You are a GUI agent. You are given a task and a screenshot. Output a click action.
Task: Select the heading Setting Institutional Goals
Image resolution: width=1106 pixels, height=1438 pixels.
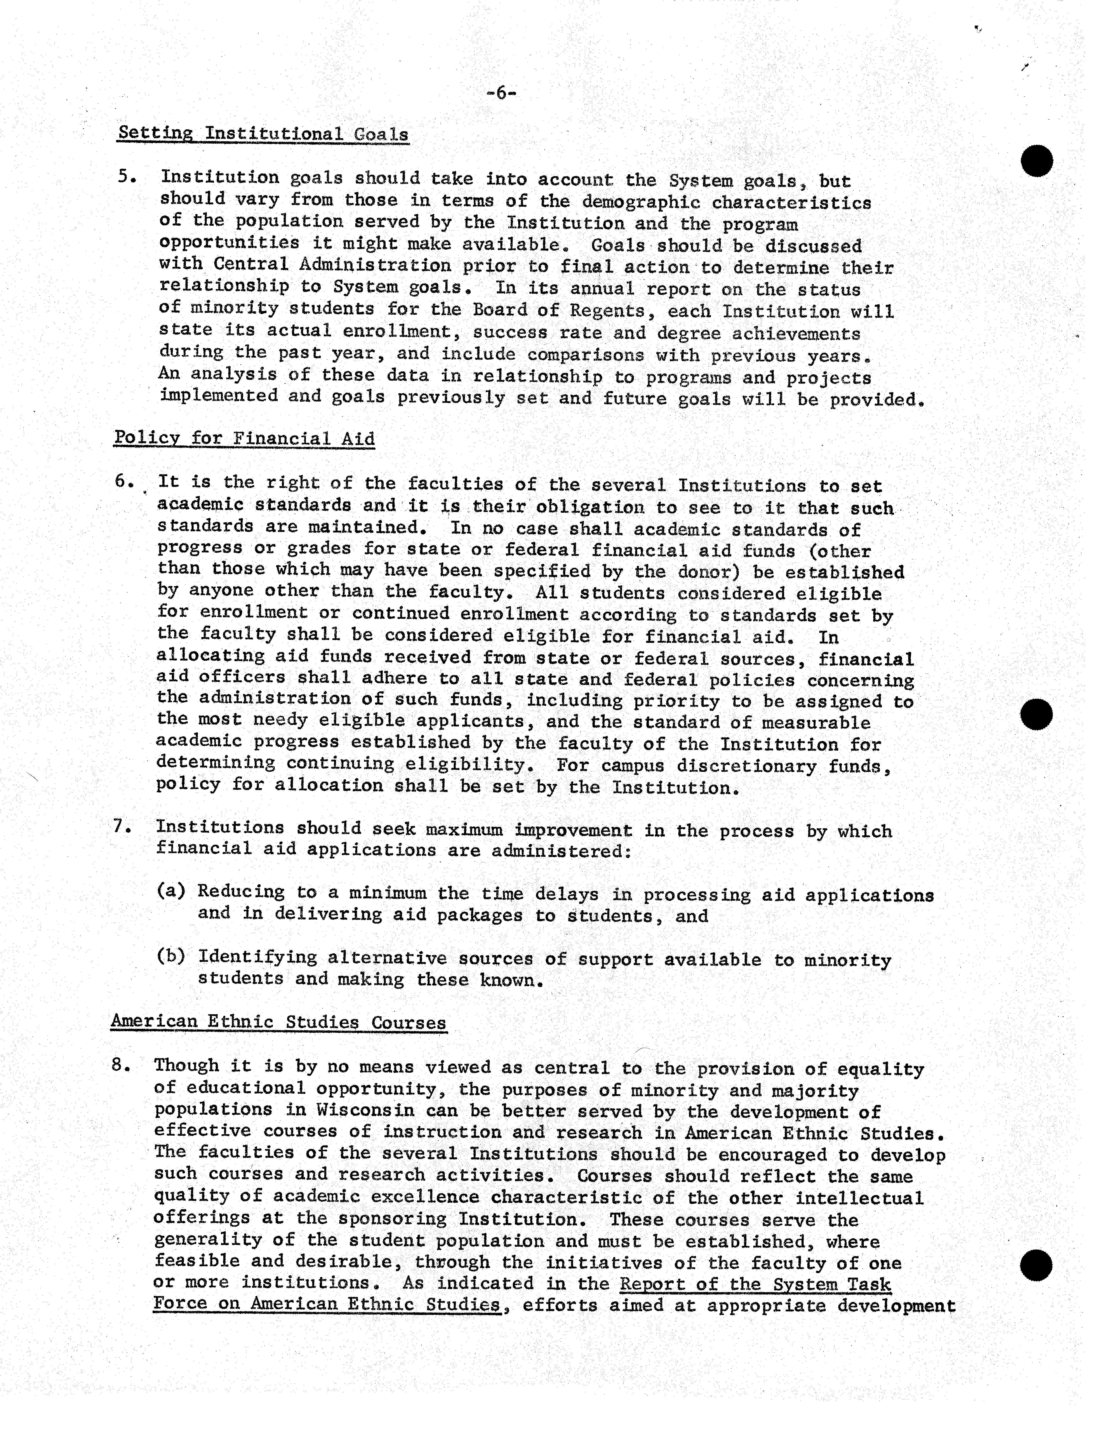(263, 134)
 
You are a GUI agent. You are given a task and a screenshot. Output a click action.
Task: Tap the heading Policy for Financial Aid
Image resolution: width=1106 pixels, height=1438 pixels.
(244, 439)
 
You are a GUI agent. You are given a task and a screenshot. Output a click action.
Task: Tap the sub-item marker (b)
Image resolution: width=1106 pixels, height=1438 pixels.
(171, 956)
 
